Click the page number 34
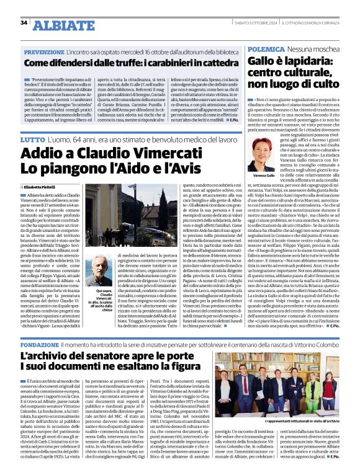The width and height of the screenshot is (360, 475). click(x=24, y=23)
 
